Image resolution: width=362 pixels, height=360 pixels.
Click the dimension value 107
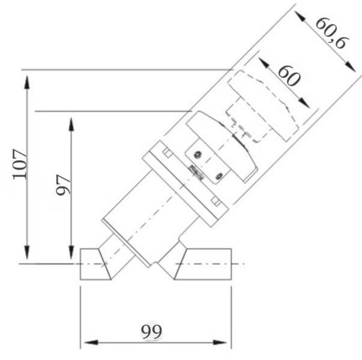click(20, 164)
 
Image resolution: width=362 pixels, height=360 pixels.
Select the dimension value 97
click(63, 185)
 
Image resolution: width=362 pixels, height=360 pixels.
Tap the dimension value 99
click(151, 332)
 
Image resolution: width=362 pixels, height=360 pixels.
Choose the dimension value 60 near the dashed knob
click(289, 76)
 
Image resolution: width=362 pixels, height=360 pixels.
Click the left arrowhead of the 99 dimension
click(91, 342)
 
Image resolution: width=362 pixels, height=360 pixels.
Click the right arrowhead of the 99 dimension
click(220, 342)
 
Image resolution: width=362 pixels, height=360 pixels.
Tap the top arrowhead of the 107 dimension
click(27, 82)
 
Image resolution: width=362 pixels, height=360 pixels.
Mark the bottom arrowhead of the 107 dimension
click(27, 252)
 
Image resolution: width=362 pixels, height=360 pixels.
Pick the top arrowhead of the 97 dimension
click(71, 124)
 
